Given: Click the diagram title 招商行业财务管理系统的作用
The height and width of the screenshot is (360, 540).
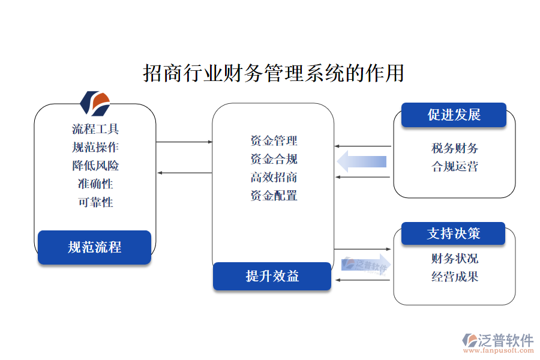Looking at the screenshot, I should [273, 73].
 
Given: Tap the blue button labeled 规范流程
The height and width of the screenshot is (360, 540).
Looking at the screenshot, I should [94, 247].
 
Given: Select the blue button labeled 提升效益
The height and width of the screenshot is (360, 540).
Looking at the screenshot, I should [272, 276].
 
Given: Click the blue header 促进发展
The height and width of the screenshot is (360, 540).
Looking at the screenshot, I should [454, 115].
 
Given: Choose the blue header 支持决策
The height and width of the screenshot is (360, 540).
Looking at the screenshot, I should [453, 233].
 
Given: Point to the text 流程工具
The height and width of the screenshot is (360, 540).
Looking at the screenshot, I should [95, 129].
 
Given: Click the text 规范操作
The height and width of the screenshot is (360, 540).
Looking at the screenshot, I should [95, 147].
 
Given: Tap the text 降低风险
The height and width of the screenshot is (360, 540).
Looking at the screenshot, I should [95, 166].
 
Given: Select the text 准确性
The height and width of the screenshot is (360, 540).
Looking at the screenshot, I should [95, 184].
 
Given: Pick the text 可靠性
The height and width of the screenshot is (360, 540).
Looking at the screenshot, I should [95, 202].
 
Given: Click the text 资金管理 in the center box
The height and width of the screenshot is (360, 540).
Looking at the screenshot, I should [274, 141].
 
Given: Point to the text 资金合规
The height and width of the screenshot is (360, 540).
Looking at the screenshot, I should [274, 159].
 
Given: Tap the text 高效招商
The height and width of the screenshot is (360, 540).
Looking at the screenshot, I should [274, 177].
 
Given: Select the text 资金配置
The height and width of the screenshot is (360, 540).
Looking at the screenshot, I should [274, 195].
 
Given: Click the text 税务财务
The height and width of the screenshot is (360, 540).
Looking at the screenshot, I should [454, 148].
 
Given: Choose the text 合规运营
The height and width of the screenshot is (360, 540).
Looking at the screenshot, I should [454, 166].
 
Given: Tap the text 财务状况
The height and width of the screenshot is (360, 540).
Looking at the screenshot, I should [454, 259].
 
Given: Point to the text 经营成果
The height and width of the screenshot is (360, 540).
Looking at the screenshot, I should [454, 277].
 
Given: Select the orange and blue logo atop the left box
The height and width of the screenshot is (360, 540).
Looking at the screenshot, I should [95, 103].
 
